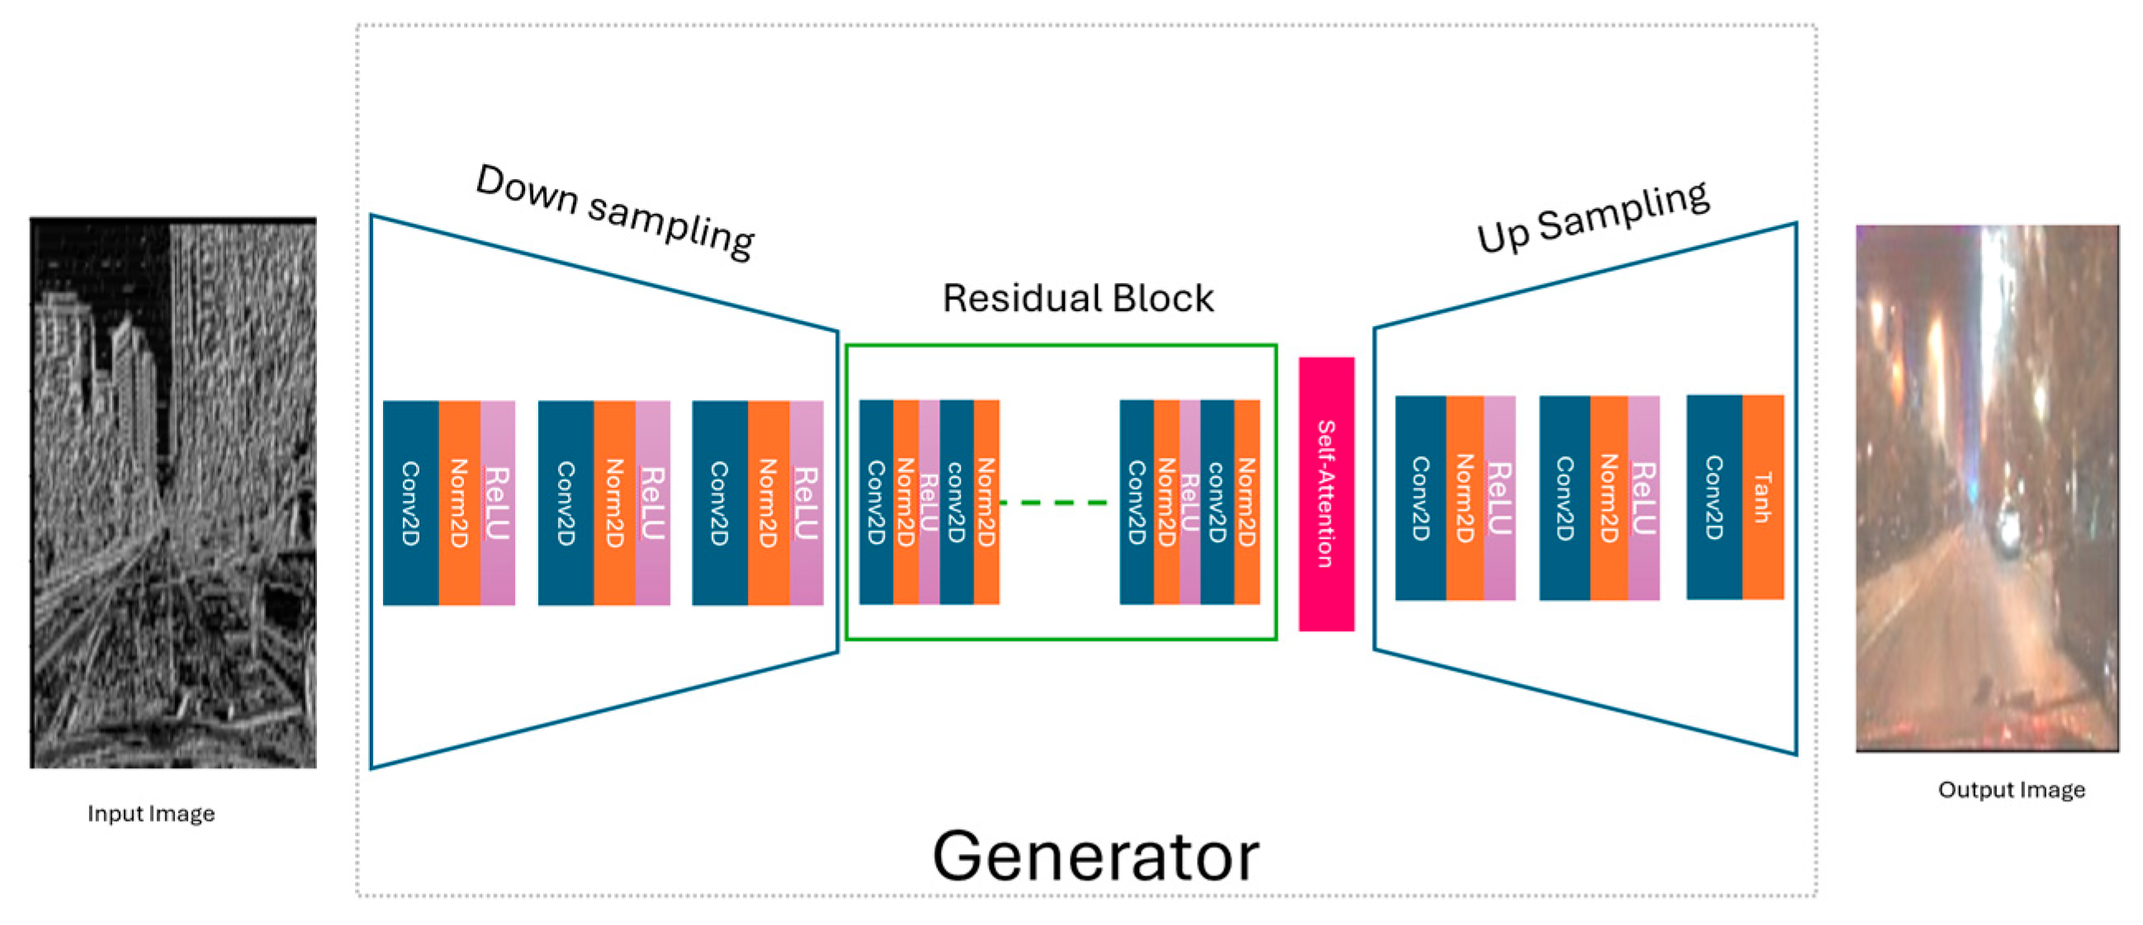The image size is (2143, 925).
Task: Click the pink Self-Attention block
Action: point(1326,493)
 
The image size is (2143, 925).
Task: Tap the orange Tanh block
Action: point(1762,497)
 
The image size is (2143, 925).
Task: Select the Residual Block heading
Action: point(1078,298)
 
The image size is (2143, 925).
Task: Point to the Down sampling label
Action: point(615,211)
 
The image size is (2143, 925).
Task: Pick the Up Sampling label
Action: point(1592,217)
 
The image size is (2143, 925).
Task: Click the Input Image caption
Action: point(151,813)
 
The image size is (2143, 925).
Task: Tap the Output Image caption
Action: point(2012,789)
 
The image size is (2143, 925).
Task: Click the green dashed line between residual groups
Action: point(1053,503)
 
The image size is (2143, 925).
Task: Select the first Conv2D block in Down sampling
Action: point(411,503)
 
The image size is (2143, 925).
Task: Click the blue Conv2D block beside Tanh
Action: point(1715,497)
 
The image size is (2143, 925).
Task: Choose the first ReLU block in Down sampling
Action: point(498,503)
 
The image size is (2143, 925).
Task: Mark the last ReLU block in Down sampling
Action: point(807,503)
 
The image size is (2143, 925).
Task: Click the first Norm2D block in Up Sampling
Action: point(1465,498)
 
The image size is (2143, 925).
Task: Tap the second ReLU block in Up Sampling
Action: point(1643,498)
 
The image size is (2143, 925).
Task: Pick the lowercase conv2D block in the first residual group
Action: point(957,502)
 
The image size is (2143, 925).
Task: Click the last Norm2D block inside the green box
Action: point(1247,502)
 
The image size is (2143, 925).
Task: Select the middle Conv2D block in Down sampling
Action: point(565,503)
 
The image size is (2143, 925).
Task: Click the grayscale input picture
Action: point(173,493)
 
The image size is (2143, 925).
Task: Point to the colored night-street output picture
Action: point(1988,488)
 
